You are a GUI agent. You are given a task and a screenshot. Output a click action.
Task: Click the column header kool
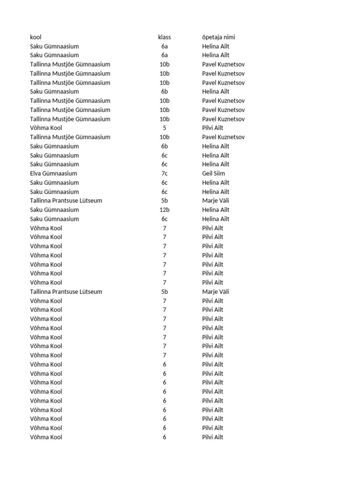[x=36, y=37]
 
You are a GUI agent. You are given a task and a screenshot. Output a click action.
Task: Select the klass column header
[x=165, y=37]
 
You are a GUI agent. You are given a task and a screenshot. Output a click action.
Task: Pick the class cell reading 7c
[x=165, y=173]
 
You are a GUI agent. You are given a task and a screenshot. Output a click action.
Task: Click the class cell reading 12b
[x=165, y=210]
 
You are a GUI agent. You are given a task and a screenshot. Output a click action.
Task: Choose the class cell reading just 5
[x=165, y=128]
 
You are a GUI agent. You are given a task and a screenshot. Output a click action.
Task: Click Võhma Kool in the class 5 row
[x=46, y=128]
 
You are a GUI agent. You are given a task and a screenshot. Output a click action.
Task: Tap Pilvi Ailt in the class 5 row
[x=213, y=128]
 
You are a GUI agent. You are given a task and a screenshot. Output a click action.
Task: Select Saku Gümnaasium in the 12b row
[x=54, y=210]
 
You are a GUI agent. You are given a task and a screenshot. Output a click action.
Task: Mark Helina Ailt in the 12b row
[x=216, y=210]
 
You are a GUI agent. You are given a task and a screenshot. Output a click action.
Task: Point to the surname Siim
[x=219, y=173]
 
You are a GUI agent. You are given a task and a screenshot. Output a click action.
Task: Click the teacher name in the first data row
[x=216, y=46]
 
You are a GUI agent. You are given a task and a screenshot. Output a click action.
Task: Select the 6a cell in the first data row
[x=165, y=46]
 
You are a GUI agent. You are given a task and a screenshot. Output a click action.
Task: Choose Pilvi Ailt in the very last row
[x=213, y=437]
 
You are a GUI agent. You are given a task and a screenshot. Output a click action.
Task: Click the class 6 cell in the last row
[x=165, y=437]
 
